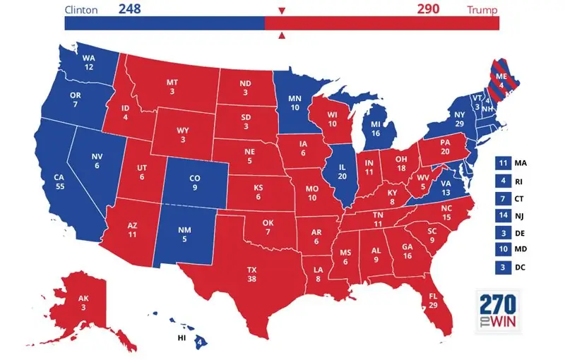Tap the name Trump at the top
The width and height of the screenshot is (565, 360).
(x=482, y=10)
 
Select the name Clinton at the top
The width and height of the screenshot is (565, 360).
(x=81, y=10)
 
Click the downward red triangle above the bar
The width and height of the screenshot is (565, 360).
(x=282, y=11)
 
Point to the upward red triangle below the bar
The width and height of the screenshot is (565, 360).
(x=282, y=35)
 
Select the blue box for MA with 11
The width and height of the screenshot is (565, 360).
(x=504, y=164)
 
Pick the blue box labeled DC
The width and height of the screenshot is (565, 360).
(x=504, y=268)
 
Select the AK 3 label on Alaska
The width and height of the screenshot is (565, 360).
(x=83, y=303)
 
